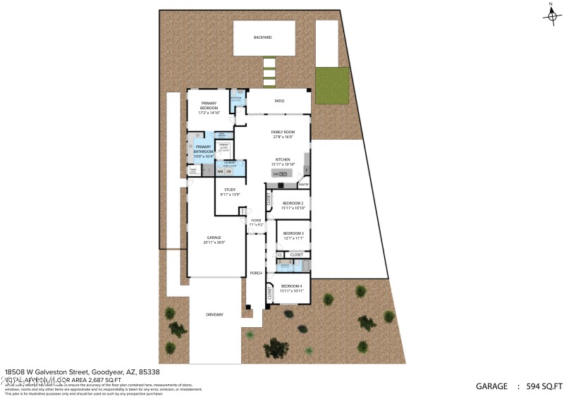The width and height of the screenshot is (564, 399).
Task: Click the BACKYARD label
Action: pos(263,37)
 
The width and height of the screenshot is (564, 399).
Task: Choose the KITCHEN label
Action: pos(283,161)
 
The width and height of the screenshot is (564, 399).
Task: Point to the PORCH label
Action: pos(256,273)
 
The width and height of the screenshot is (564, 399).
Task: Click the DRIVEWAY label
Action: pos(214,314)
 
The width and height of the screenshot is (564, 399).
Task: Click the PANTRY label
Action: pos(303,185)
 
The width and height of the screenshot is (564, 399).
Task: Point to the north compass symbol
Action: pos(551,15)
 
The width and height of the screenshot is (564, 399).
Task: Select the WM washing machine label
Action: pos(220,171)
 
